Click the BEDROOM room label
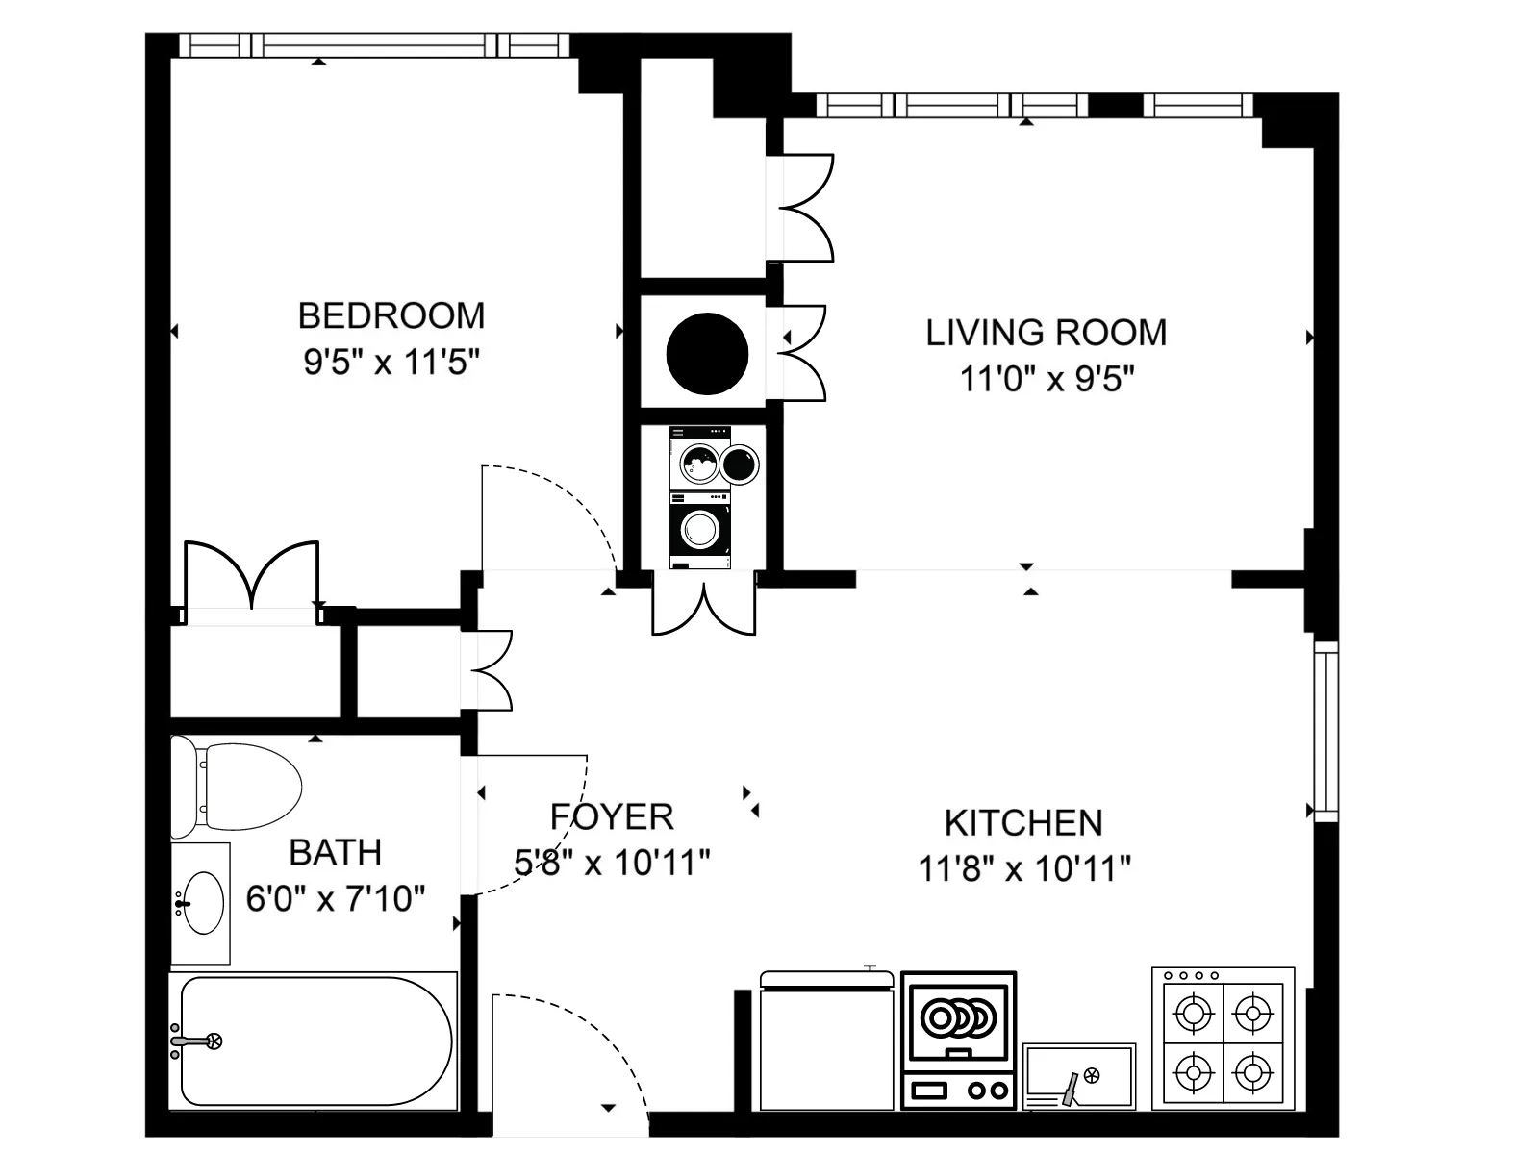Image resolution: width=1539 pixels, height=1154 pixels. pyautogui.click(x=391, y=315)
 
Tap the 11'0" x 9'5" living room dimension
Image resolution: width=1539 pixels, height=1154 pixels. pyautogui.click(x=1047, y=379)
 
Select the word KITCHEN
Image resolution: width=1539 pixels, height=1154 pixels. pyautogui.click(x=1023, y=823)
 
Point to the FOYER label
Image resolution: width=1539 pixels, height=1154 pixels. pyautogui.click(x=612, y=817)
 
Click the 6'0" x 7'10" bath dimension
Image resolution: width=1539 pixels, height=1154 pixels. pyautogui.click(x=335, y=898)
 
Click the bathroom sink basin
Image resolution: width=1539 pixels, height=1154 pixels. pyautogui.click(x=203, y=903)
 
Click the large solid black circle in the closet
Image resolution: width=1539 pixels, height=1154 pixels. pyautogui.click(x=707, y=353)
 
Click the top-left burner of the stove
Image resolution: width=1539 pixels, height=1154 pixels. pyautogui.click(x=1194, y=1012)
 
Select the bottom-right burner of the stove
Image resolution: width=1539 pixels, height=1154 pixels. pyautogui.click(x=1252, y=1069)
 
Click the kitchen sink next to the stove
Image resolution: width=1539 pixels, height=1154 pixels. pyautogui.click(x=1079, y=1074)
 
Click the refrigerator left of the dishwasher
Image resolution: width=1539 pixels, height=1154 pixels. pyautogui.click(x=826, y=1042)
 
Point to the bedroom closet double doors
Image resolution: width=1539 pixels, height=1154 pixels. pyautogui.click(x=251, y=577)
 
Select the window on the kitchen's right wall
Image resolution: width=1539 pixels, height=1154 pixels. pyautogui.click(x=1325, y=731)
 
